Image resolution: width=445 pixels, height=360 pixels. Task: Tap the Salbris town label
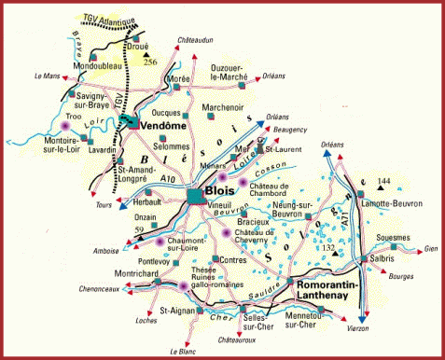(384, 256)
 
